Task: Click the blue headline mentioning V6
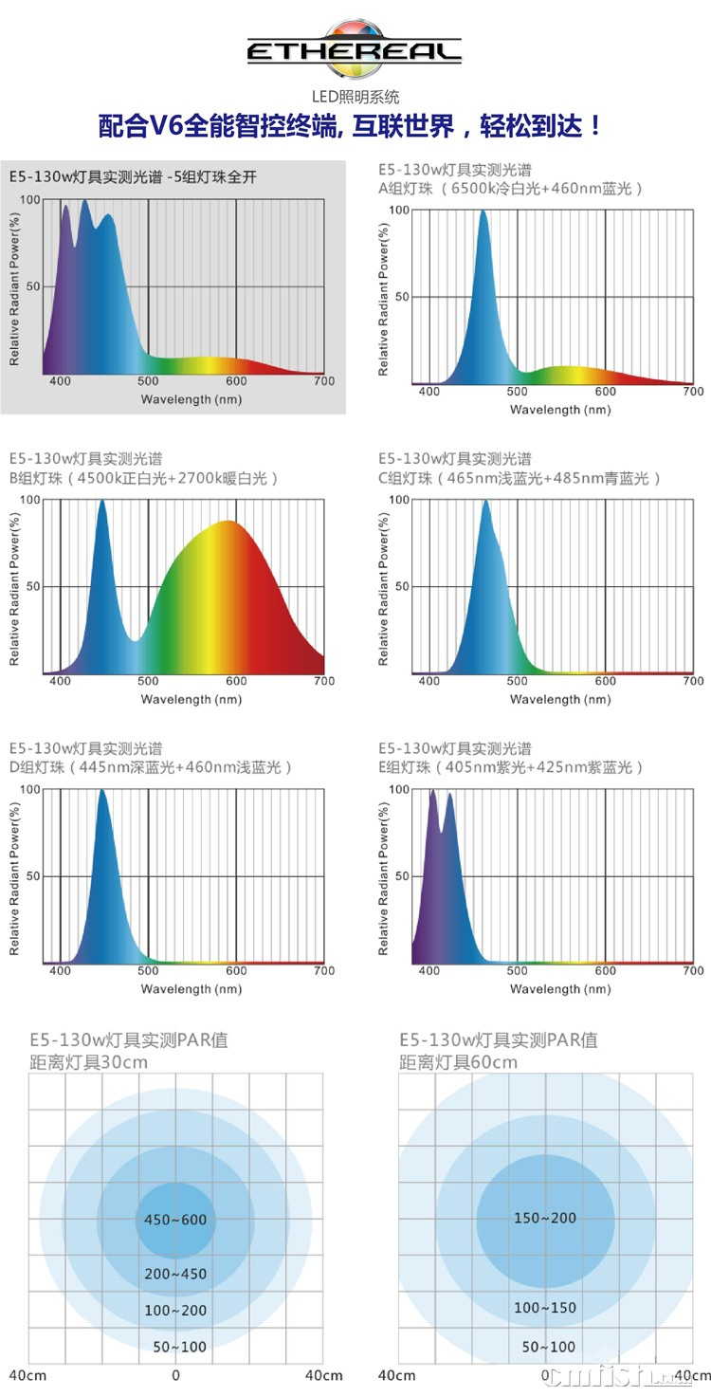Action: (351, 127)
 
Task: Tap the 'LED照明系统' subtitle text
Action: (355, 96)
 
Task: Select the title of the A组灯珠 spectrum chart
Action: (511, 188)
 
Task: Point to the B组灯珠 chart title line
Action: (144, 478)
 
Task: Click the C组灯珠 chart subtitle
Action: (520, 478)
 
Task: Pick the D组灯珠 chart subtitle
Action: (151, 766)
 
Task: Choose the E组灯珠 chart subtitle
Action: (511, 766)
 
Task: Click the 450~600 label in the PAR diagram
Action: (175, 1220)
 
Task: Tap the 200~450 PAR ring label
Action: (175, 1274)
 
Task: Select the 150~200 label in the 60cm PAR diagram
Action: (545, 1218)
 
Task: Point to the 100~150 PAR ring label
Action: (545, 1308)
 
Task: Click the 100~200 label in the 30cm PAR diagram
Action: (175, 1311)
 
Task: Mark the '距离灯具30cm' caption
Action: (89, 1062)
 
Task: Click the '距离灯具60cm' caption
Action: (459, 1062)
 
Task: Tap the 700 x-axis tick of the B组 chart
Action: (324, 681)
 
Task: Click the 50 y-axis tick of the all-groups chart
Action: (32, 286)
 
